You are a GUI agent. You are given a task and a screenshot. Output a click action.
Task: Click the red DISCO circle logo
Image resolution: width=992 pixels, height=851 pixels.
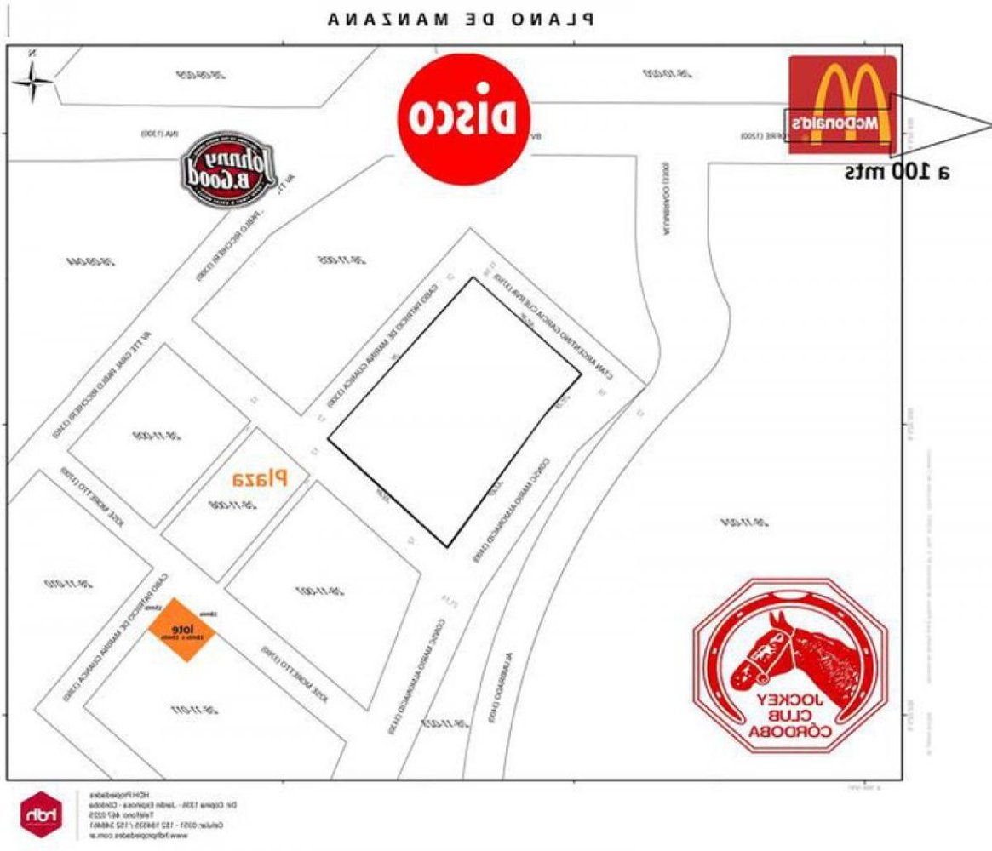pyautogui.click(x=465, y=117)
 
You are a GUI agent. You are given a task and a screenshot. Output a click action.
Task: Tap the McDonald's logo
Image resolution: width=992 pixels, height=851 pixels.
pyautogui.click(x=842, y=106)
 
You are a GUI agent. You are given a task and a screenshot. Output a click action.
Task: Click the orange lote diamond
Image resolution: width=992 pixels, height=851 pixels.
pyautogui.click(x=182, y=630)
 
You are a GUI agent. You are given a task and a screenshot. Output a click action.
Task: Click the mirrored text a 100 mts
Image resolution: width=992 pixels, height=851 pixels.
pyautogui.click(x=897, y=172)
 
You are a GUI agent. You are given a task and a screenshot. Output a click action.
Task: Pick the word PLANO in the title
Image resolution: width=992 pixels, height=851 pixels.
pyautogui.click(x=557, y=19)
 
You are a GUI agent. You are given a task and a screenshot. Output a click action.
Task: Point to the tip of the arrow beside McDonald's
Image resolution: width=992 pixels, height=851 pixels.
pyautogui.click(x=989, y=126)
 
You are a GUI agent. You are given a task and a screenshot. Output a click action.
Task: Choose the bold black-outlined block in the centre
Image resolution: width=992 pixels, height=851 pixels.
pyautogui.click(x=455, y=413)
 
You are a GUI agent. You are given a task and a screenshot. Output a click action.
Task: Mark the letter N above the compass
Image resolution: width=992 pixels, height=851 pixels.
pyautogui.click(x=32, y=53)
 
